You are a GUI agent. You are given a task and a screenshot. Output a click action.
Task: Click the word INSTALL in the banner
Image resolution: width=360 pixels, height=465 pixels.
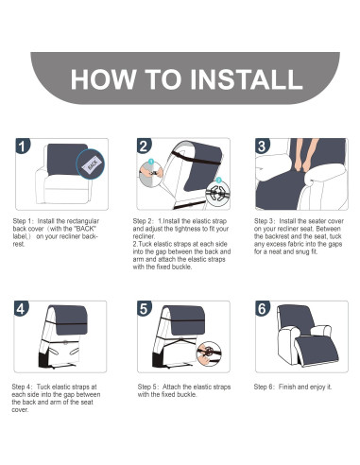[x=247, y=78]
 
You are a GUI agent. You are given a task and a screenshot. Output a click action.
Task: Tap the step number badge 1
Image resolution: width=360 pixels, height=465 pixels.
[x=23, y=146]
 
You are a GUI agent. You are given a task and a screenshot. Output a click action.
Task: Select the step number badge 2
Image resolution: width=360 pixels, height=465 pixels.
[x=144, y=146]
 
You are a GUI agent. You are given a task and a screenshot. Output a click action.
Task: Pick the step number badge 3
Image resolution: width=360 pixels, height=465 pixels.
[x=262, y=146]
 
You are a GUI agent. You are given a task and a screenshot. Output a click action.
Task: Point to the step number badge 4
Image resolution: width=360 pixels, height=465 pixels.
[x=21, y=309]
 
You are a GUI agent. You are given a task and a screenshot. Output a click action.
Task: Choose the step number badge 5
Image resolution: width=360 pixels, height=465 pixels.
[x=145, y=309]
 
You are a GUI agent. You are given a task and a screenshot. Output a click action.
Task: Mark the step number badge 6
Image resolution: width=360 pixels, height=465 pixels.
[x=263, y=309]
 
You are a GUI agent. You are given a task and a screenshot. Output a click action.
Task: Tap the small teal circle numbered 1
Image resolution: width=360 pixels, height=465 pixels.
[x=151, y=162]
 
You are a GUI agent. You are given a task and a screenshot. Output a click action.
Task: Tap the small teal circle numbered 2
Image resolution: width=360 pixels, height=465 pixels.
[x=218, y=180]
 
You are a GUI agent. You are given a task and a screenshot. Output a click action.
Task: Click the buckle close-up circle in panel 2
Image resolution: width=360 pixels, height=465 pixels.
[x=218, y=192]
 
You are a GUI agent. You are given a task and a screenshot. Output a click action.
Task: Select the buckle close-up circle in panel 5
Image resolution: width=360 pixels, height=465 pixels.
[x=209, y=353]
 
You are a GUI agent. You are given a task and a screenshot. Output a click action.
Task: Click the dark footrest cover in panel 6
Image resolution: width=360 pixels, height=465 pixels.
[x=317, y=351]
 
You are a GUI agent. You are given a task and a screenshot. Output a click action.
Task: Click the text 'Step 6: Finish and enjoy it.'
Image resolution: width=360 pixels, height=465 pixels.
[x=293, y=387]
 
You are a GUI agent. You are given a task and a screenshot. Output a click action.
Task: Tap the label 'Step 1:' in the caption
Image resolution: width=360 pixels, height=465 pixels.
[x=24, y=221]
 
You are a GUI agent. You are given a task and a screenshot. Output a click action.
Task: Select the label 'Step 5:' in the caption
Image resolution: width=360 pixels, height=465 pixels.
[x=148, y=387]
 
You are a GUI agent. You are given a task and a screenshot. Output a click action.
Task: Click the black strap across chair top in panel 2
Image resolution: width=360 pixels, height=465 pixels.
[x=196, y=159]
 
